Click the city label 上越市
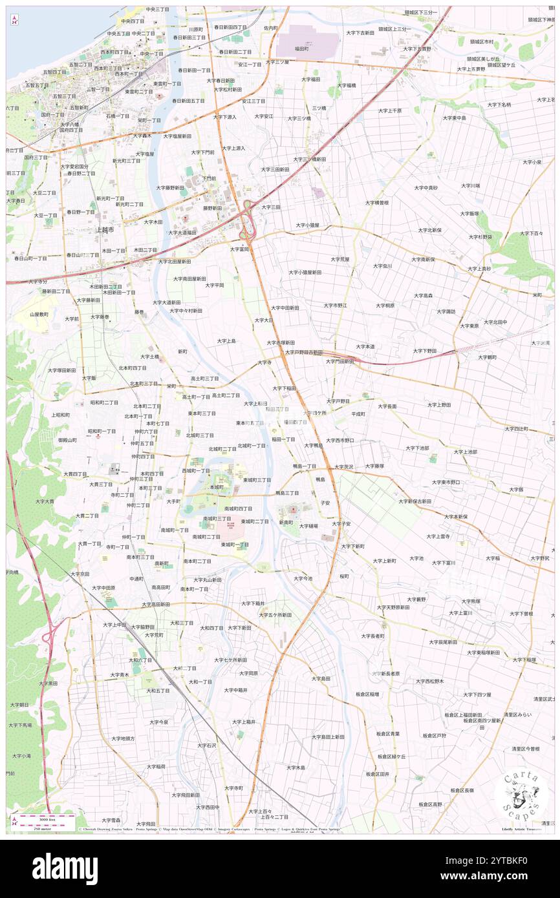pyautogui.click(x=105, y=229)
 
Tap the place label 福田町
pyautogui.click(x=301, y=48)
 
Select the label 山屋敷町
pyautogui.click(x=39, y=314)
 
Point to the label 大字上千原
pyautogui.click(x=390, y=110)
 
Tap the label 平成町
pyautogui.click(x=358, y=413)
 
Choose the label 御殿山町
pyautogui.click(x=67, y=440)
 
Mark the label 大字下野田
pyautogui.click(x=425, y=350)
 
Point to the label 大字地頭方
pyautogui.click(x=123, y=738)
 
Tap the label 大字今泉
pyautogui.click(x=159, y=722)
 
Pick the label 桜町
pyautogui.click(x=344, y=576)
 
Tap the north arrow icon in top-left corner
pyautogui.click(x=14, y=19)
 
